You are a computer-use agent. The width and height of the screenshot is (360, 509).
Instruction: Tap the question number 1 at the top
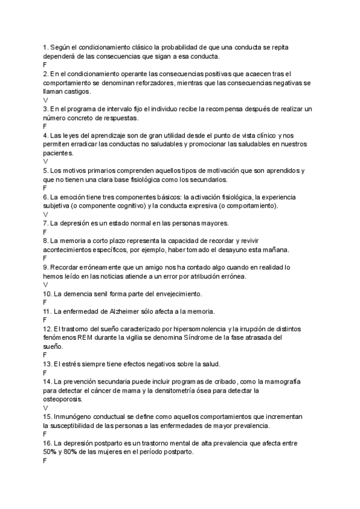[45, 47]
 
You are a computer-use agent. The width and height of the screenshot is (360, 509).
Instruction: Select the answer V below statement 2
[46, 100]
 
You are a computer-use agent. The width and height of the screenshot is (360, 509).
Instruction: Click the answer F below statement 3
[45, 126]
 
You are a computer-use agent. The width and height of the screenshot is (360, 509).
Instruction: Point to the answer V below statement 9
[46, 285]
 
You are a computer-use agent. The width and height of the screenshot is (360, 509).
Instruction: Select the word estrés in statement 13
[74, 364]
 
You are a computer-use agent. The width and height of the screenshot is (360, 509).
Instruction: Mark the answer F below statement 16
[45, 460]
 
